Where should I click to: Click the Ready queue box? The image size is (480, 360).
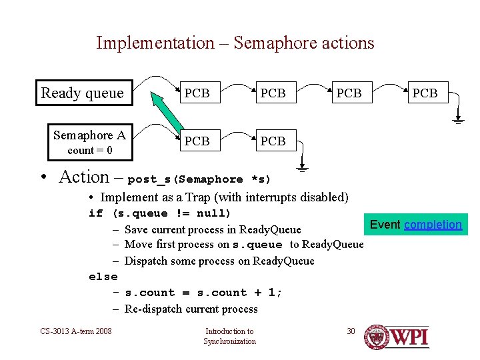(83, 93)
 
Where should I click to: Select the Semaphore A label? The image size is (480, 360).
(89, 135)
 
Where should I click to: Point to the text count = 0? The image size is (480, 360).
(89, 150)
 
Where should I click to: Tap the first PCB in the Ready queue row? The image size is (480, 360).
(197, 93)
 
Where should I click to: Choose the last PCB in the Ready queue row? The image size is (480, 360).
(425, 93)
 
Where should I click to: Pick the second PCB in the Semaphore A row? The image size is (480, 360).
(273, 141)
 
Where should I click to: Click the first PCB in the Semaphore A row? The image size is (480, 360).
(197, 141)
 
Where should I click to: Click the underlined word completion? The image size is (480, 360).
(433, 225)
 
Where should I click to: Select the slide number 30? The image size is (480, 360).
(351, 331)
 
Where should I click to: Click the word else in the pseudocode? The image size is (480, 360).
(103, 277)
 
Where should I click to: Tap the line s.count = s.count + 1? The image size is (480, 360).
(203, 293)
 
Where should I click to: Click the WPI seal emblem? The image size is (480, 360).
(377, 337)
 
